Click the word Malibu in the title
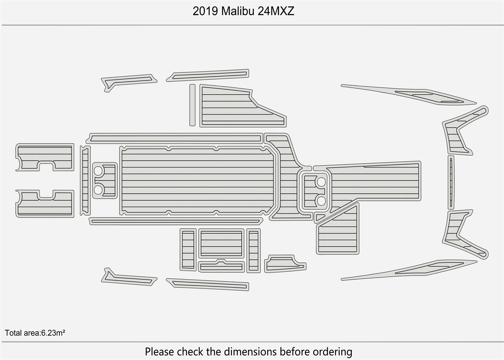238,11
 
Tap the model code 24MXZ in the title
276,11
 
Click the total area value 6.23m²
53,333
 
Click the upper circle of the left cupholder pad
98,171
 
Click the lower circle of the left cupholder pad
98,189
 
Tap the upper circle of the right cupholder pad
321,182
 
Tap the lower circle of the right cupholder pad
321,201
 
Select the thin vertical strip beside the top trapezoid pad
192,105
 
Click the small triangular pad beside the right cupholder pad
319,217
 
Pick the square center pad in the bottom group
221,243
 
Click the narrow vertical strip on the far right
451,182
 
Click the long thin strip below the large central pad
176,221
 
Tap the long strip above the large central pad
176,138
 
